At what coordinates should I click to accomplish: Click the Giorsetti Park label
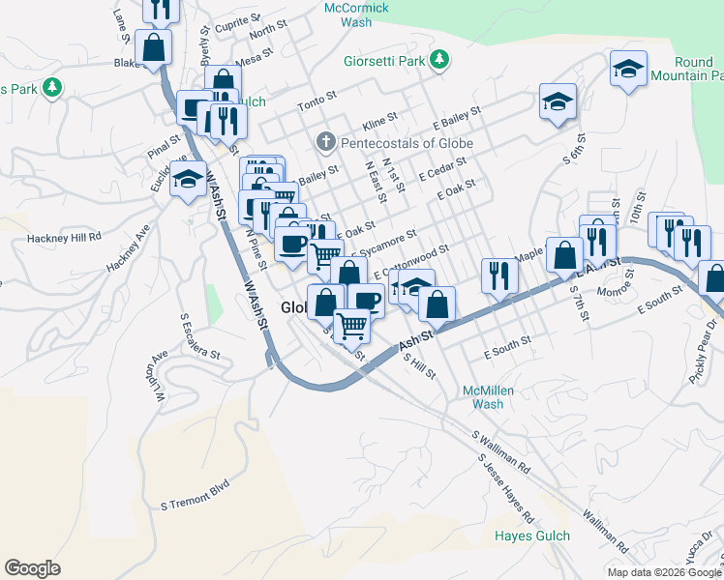point(384,61)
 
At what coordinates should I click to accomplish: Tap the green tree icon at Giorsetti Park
point(439,61)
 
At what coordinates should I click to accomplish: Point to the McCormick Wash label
point(356,14)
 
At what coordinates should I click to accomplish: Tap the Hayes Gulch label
point(531,536)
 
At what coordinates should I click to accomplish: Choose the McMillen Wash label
point(488,396)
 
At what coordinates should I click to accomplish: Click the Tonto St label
point(316,98)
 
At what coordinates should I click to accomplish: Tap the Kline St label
point(379,121)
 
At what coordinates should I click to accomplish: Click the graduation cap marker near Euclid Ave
point(187,180)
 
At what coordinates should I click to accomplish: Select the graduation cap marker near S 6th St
point(558,103)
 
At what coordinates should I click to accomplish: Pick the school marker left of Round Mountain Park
point(628,70)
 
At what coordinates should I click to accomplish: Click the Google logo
point(32,568)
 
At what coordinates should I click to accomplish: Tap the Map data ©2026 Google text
point(664,572)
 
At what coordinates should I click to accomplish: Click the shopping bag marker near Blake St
point(153,46)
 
